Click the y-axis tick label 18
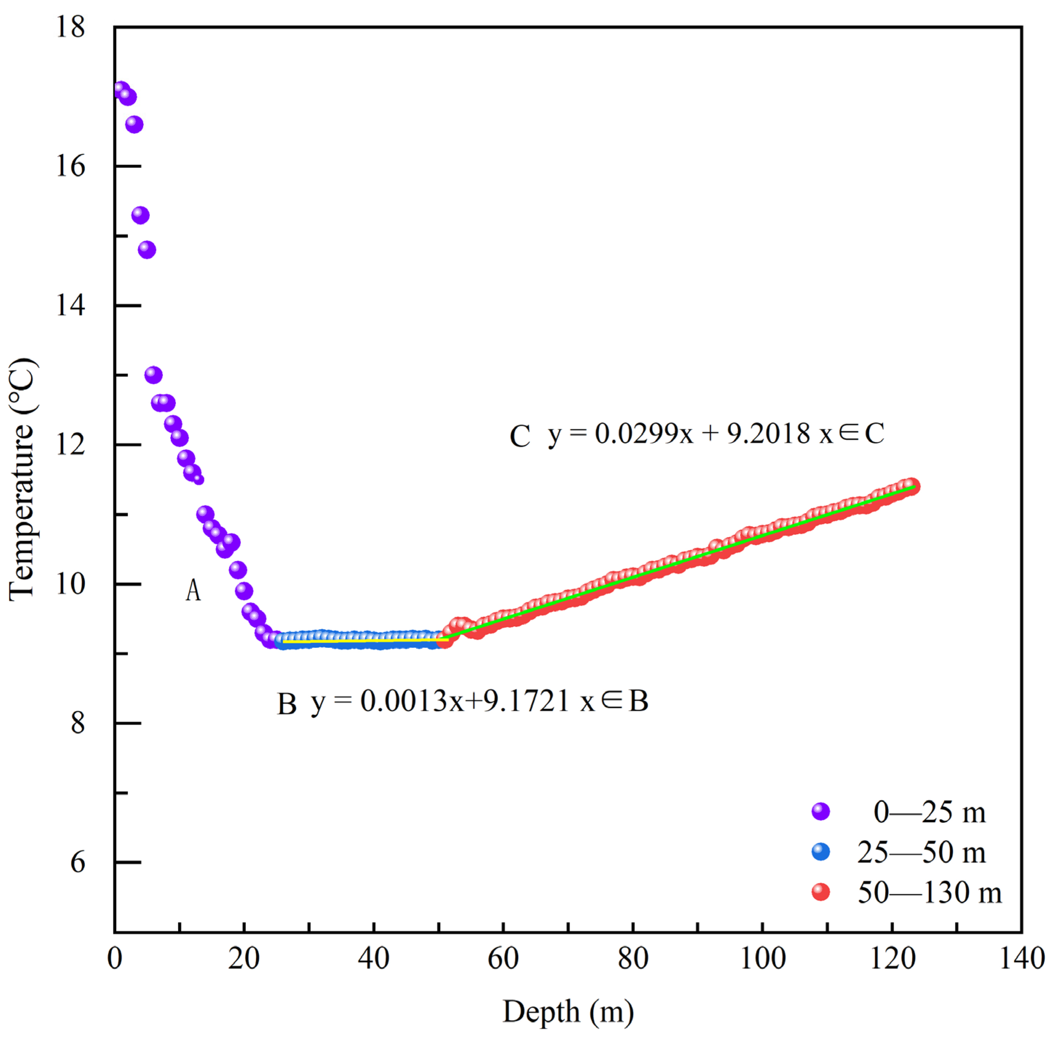pyautogui.click(x=71, y=27)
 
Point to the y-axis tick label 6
pyautogui.click(x=78, y=863)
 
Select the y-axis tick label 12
pyautogui.click(x=71, y=445)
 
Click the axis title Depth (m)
pyautogui.click(x=568, y=1012)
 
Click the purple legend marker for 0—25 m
pyautogui.click(x=821, y=812)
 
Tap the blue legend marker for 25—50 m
pyautogui.click(x=821, y=852)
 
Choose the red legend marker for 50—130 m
pyautogui.click(x=821, y=892)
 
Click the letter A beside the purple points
pyautogui.click(x=193, y=590)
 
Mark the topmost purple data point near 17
pyautogui.click(x=121, y=89)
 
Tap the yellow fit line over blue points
pyautogui.click(x=365, y=641)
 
